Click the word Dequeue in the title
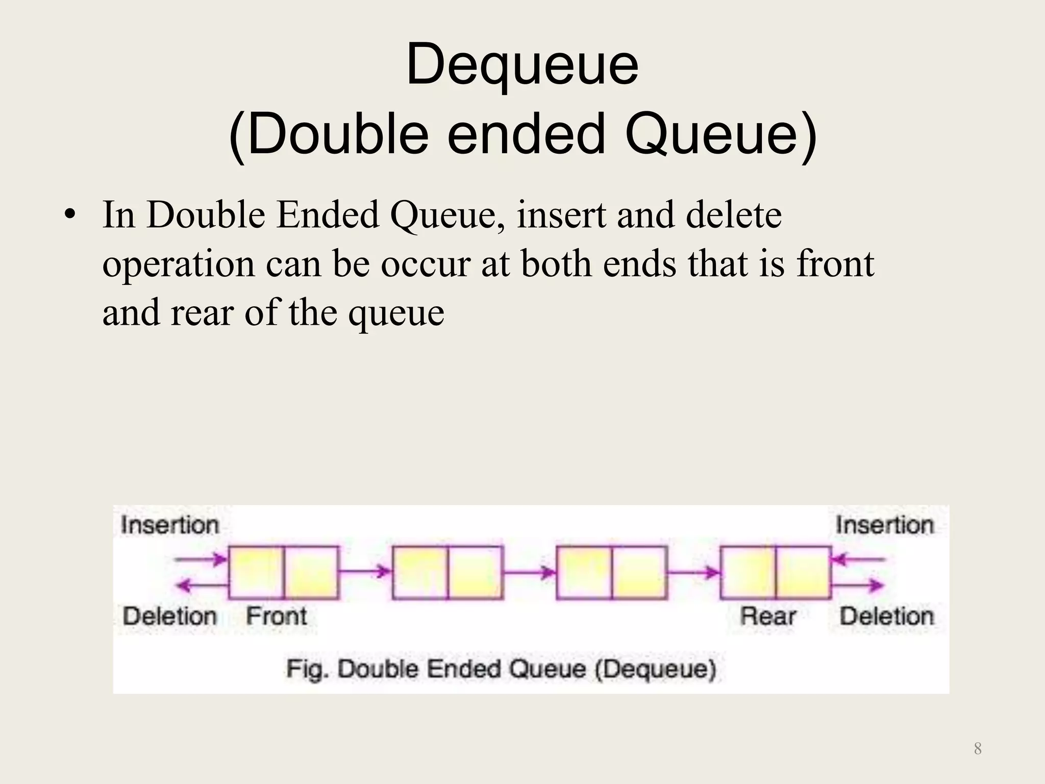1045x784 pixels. (x=522, y=66)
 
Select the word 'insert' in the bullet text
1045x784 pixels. (x=561, y=215)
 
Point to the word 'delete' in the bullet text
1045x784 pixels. (x=733, y=215)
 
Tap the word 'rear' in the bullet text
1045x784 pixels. (x=202, y=312)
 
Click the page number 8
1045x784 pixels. (x=978, y=748)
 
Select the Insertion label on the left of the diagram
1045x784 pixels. (x=170, y=525)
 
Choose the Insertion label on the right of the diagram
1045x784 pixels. (x=885, y=525)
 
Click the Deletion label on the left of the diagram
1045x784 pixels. (x=170, y=616)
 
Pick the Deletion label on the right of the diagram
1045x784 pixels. (x=887, y=616)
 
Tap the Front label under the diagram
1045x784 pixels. (x=277, y=616)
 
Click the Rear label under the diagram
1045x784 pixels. (x=768, y=616)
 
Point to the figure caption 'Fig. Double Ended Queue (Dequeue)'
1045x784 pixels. (x=501, y=669)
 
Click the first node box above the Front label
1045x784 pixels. (x=283, y=572)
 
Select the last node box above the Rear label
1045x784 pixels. (x=776, y=572)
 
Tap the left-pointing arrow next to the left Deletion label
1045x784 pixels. (x=202, y=586)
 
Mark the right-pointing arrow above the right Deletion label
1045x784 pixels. (x=858, y=585)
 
